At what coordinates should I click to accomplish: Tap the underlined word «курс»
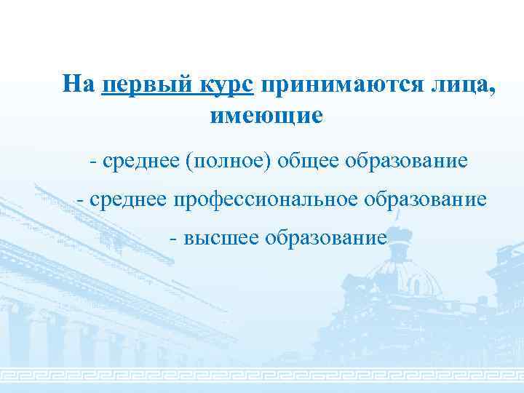[226, 85]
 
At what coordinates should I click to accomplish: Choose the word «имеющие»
[266, 115]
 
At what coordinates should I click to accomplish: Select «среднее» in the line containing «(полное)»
[141, 159]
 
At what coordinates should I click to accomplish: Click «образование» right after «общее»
[408, 159]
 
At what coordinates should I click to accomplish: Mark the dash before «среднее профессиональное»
[82, 199]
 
